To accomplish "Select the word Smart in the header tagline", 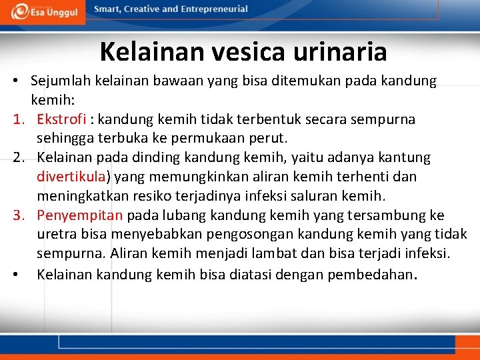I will (109, 9).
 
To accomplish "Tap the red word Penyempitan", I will (80, 215).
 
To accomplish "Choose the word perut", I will (268, 139).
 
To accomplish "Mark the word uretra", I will (56, 235).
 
